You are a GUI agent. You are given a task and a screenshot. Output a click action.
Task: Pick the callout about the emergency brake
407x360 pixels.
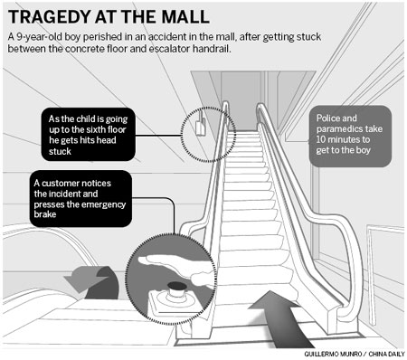coord(72,196)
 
